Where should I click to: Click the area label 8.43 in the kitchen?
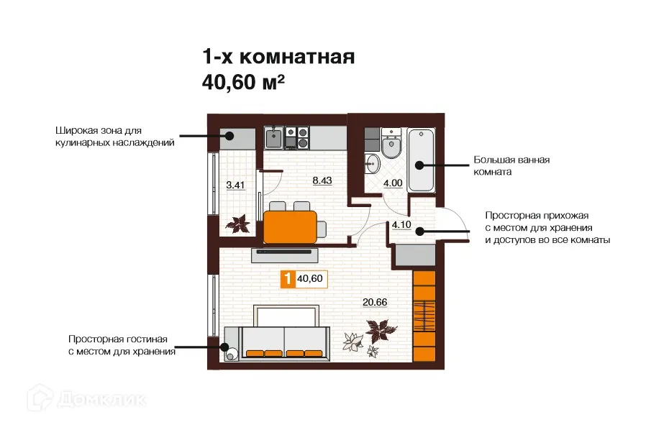tap(322, 180)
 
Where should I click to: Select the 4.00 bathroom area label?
tap(392, 183)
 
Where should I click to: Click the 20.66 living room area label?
tap(376, 301)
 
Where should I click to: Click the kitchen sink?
tap(274, 137)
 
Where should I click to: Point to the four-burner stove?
tap(297, 137)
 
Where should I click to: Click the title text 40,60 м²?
tap(245, 83)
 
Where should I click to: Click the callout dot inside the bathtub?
tap(421, 166)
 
